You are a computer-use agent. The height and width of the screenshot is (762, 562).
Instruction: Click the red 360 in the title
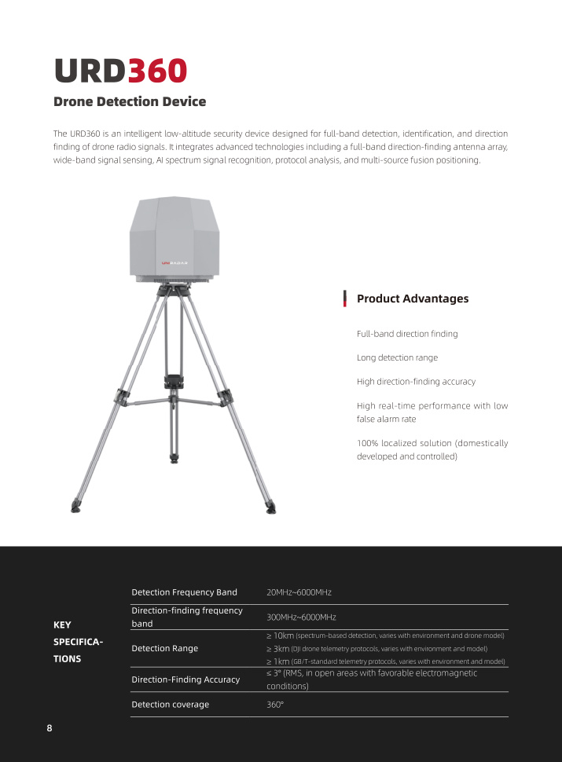[x=157, y=71]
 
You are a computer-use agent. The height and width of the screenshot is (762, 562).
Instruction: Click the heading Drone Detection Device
[x=130, y=102]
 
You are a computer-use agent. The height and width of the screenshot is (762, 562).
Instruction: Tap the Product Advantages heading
[x=413, y=299]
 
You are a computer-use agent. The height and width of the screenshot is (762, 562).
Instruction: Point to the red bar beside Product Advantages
[x=345, y=299]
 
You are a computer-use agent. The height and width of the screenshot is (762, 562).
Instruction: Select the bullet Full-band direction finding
[x=407, y=334]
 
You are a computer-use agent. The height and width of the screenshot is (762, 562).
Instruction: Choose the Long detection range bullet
[x=397, y=357]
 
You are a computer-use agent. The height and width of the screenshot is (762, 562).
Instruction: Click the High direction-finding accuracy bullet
[x=416, y=382]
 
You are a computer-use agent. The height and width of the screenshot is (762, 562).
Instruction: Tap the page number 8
[x=50, y=728]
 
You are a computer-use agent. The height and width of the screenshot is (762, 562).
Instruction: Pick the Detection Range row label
[x=164, y=648]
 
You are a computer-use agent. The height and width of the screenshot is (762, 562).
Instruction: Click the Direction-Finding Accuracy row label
[x=185, y=679]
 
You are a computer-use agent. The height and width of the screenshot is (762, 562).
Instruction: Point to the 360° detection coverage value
[x=275, y=705]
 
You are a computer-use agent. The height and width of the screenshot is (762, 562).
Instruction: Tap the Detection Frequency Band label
[x=184, y=592]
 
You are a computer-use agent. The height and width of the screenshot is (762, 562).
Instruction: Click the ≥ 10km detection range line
[x=385, y=635]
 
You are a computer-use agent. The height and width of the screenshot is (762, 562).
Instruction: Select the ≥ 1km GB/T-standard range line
[x=385, y=661]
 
